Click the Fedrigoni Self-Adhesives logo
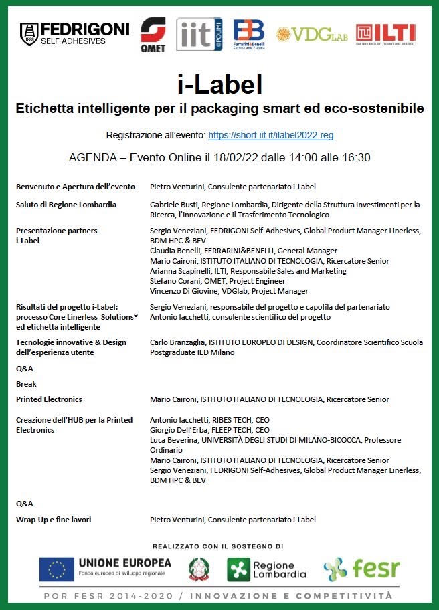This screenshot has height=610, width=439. point(74,33)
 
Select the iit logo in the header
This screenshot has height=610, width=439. point(199,34)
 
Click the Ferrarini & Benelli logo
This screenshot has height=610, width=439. point(248,34)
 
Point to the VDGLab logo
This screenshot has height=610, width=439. point(312,34)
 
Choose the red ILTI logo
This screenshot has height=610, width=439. point(385,33)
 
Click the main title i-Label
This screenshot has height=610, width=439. point(219,85)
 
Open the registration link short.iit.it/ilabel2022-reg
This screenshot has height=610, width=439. point(270,135)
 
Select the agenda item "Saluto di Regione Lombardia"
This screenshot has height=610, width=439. point(66,205)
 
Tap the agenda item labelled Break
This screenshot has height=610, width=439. point(26,384)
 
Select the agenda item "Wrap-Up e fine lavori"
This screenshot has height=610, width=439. point(54,519)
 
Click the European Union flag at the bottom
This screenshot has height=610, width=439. point(56,569)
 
